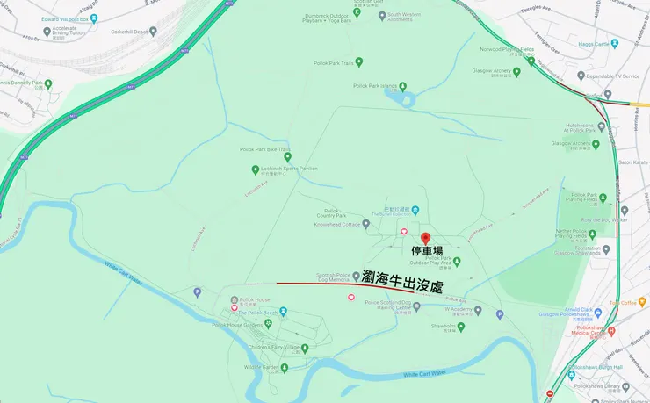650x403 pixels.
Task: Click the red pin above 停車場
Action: (x=426, y=239)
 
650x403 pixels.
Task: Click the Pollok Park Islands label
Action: (x=375, y=86)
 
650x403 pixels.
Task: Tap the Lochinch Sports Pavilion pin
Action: (x=256, y=168)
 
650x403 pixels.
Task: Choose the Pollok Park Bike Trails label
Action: (x=264, y=149)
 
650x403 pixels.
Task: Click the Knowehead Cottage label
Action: (x=344, y=225)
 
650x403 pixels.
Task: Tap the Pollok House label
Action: (x=255, y=300)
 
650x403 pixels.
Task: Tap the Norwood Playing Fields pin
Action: (x=531, y=61)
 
